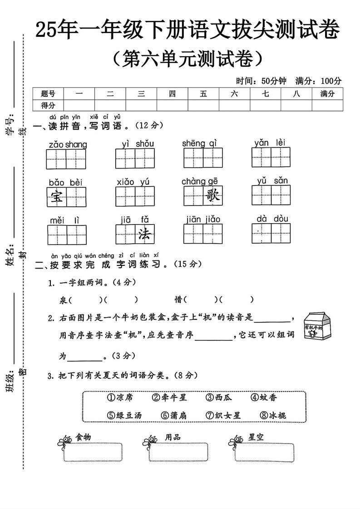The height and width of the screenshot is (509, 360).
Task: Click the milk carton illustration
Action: [317, 326]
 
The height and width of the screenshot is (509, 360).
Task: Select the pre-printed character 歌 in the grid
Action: [213, 195]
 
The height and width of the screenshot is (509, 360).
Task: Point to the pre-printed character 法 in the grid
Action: [144, 234]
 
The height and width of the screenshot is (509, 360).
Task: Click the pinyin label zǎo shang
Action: [68, 144]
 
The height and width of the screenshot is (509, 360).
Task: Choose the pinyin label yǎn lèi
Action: [270, 142]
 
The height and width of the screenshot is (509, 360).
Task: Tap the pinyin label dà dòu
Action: [272, 219]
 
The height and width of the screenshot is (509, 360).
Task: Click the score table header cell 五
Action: [203, 94]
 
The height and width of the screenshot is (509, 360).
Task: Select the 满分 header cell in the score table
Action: [327, 94]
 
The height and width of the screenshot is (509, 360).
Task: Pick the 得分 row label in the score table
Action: [48, 105]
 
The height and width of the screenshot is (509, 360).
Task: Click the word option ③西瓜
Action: [219, 397]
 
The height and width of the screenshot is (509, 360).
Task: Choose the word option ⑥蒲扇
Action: [174, 415]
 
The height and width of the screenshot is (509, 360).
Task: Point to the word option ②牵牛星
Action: [169, 397]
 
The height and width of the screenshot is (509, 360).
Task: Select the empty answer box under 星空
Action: [265, 452]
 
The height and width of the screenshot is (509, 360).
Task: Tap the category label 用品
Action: [173, 437]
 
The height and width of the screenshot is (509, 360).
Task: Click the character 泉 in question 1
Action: [63, 300]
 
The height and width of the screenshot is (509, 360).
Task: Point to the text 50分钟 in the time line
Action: [274, 81]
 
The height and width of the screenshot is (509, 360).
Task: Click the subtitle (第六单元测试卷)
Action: [188, 59]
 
